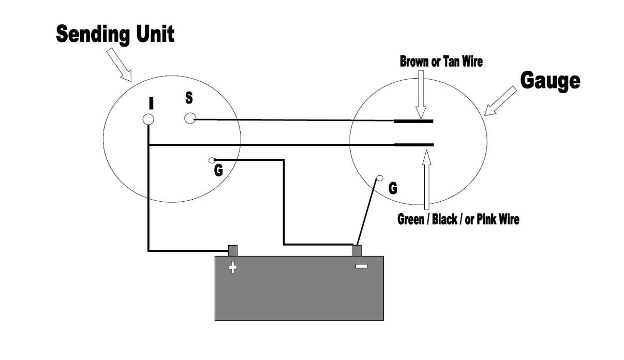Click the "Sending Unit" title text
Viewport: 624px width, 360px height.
tap(115, 35)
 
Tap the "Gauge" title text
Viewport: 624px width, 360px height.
tap(550, 81)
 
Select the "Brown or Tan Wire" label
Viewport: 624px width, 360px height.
tap(441, 62)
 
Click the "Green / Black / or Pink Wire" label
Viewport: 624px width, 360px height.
tap(458, 219)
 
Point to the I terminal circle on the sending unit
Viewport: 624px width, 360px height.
tap(148, 119)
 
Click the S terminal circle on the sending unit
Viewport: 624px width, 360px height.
tap(190, 118)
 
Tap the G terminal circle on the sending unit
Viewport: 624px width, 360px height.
tap(212, 160)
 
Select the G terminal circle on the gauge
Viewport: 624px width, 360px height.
tap(380, 178)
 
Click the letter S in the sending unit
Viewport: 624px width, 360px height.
tap(189, 98)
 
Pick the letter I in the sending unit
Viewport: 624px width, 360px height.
tap(151, 103)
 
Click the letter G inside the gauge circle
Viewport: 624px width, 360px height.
tap(393, 188)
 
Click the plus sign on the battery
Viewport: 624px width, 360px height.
tap(233, 267)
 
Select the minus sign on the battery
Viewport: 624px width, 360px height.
tap(361, 266)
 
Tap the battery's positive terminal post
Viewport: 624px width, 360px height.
tap(233, 250)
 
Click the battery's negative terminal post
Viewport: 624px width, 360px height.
tap(357, 250)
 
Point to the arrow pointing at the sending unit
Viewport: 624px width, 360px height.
tap(119, 65)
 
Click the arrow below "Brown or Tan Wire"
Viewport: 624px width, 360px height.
tap(421, 94)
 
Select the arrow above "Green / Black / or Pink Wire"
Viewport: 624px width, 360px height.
tap(426, 180)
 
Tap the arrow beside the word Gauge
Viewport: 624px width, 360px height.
tap(500, 101)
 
